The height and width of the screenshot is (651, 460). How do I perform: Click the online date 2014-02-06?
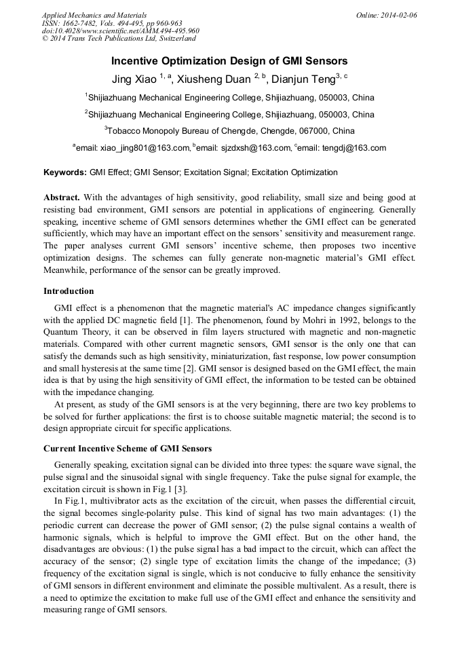pos(399,15)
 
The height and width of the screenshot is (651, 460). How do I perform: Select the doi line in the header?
pos(120,31)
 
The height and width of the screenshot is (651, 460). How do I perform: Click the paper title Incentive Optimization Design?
pos(229,61)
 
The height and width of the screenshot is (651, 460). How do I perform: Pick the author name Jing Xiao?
pos(134,79)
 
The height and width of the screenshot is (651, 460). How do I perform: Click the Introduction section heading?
pos(69,291)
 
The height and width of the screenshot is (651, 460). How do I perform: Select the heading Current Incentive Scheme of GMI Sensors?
pos(128,449)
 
